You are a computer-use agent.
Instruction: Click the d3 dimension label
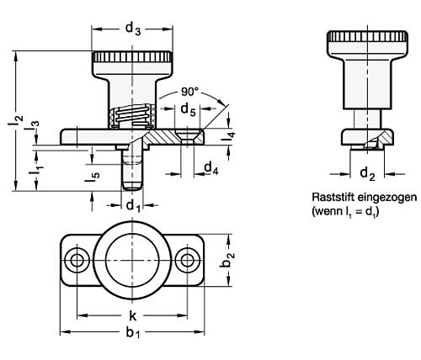[x=133, y=29]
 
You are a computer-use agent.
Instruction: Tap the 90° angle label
[x=189, y=92]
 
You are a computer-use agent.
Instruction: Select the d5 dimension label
[x=188, y=109]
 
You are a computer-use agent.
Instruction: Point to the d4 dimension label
[x=211, y=168]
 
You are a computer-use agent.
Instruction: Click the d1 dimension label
[x=133, y=206]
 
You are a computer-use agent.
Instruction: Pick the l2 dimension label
[x=15, y=120]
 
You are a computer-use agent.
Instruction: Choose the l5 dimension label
[x=93, y=177]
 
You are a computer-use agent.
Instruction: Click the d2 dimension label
[x=367, y=173]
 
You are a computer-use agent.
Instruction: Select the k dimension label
[x=132, y=315]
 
